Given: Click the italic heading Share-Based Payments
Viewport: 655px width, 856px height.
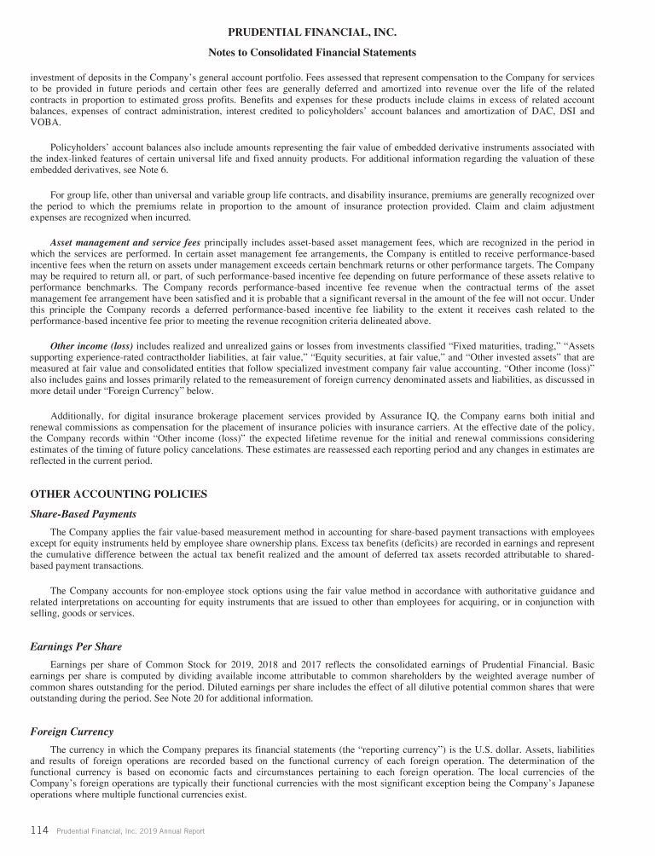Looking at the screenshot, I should [83, 513].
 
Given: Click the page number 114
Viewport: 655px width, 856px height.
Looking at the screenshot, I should [39, 830].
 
